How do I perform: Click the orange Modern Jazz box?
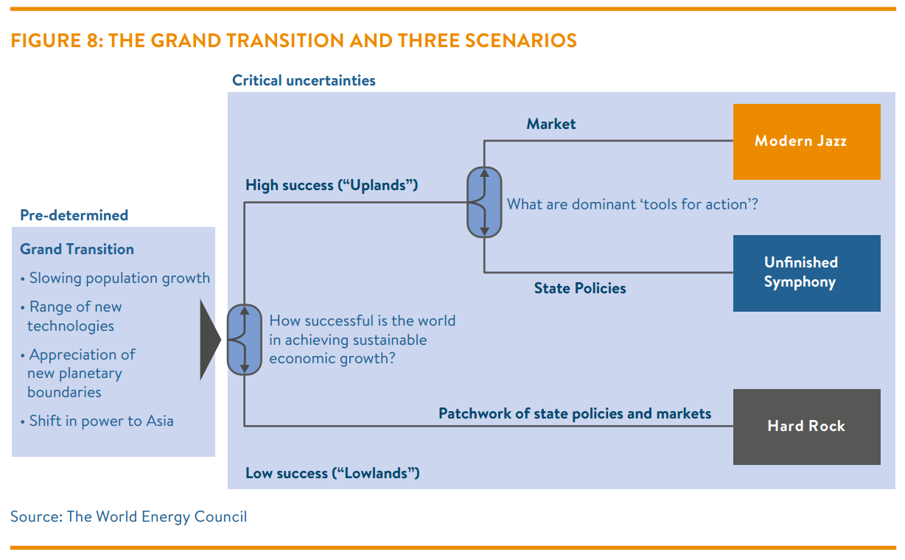[x=806, y=141]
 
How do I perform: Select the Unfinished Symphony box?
[x=806, y=273]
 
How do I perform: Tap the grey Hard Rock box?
[x=806, y=427]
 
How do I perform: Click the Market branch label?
[x=551, y=124]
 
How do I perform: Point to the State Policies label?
[x=580, y=289]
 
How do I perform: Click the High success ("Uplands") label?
[x=332, y=185]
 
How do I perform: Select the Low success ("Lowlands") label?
[x=332, y=473]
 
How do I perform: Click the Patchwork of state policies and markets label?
[x=575, y=413]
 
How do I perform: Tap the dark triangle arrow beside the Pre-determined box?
[x=209, y=340]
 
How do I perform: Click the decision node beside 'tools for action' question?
[x=484, y=202]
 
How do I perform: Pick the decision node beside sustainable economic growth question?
[x=244, y=340]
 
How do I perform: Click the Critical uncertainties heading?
[x=304, y=80]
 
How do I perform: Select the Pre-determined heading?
[x=74, y=215]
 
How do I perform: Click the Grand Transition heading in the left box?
[x=77, y=249]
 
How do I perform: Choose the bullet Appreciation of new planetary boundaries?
[x=78, y=373]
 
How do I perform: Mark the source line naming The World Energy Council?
[x=129, y=517]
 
